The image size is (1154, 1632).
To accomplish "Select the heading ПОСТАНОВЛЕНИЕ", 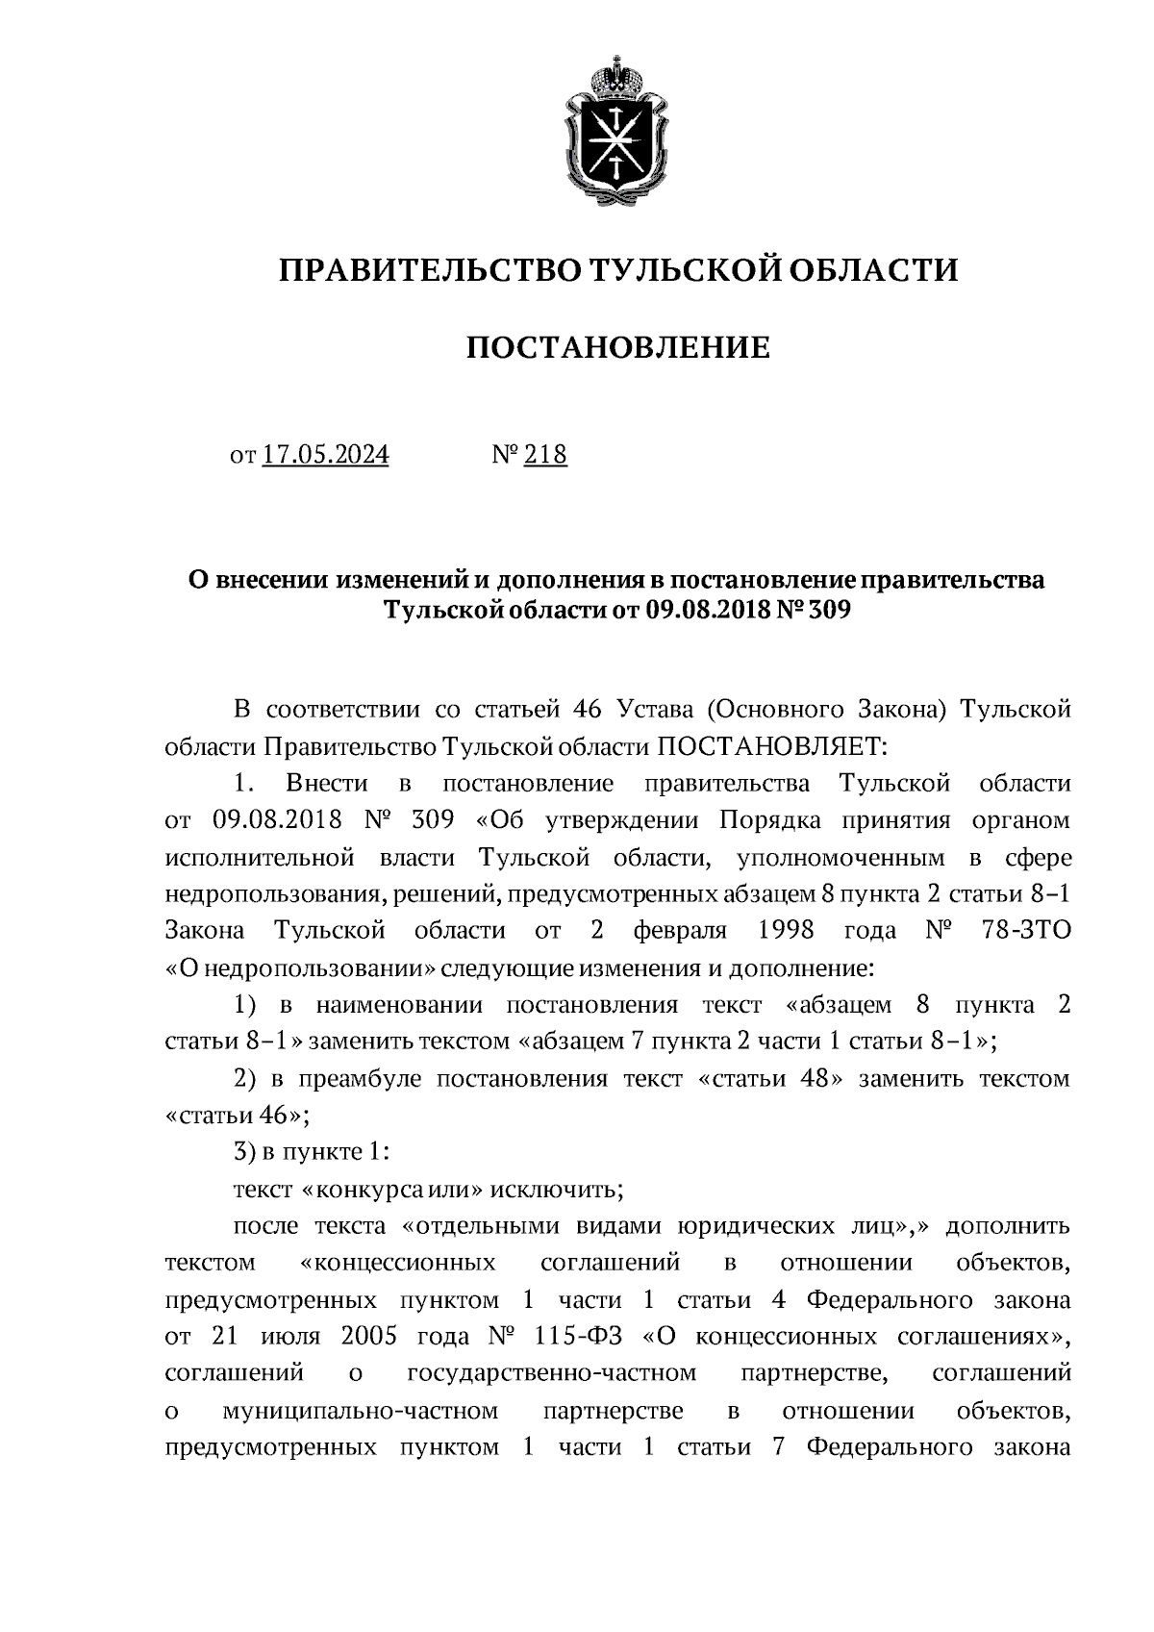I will (x=617, y=347).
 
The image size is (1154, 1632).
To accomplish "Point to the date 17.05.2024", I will (x=325, y=455).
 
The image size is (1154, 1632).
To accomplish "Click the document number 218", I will (x=545, y=455).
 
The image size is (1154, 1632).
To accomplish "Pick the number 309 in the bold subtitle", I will (x=826, y=611).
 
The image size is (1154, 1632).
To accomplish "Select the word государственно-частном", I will (x=552, y=1373).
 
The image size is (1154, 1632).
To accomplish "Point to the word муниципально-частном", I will (x=360, y=1411).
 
